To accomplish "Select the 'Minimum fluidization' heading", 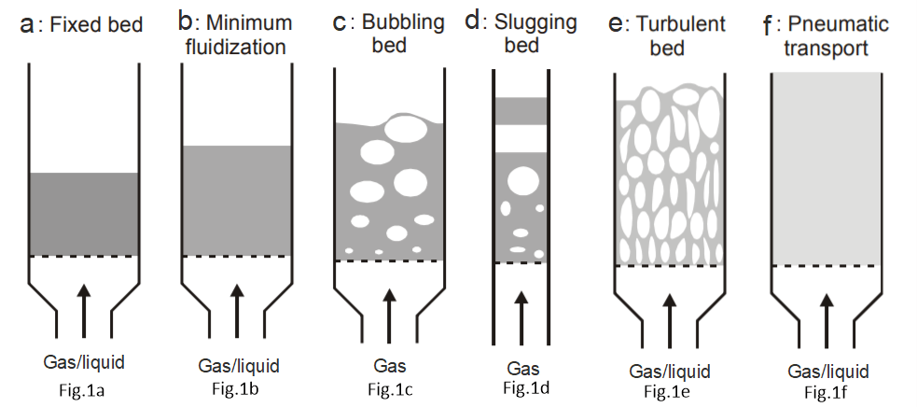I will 242,33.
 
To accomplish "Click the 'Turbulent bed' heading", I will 673,35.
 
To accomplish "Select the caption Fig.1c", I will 391,389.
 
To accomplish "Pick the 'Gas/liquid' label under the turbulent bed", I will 670,371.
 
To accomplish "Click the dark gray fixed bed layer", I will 85,214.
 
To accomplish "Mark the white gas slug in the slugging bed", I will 521,138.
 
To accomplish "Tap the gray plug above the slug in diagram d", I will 521,110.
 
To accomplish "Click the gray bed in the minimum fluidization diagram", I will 237,200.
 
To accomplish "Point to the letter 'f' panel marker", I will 769,23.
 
